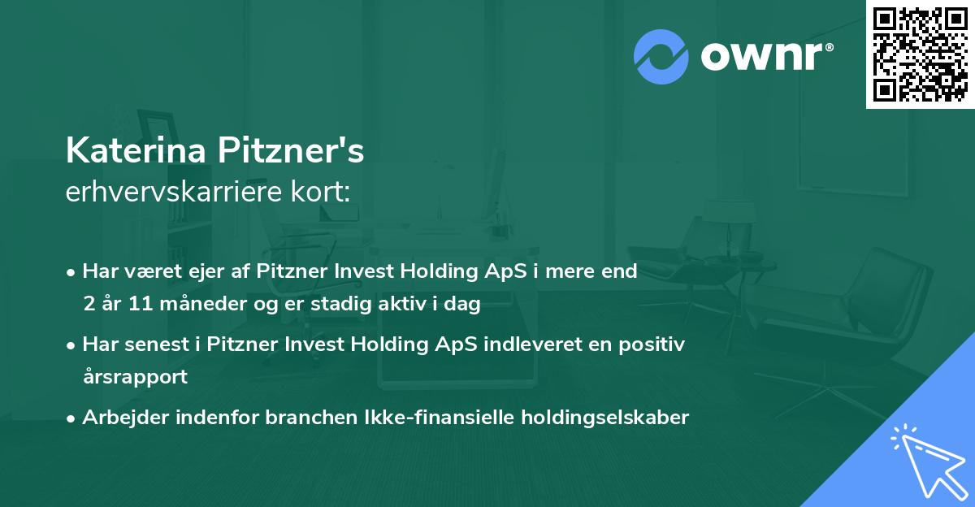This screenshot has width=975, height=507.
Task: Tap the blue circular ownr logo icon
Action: (x=661, y=56)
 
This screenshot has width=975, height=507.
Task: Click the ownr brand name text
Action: (x=766, y=57)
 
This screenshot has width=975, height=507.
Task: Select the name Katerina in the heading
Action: (x=137, y=152)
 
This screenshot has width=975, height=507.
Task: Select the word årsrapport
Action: (x=135, y=377)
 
